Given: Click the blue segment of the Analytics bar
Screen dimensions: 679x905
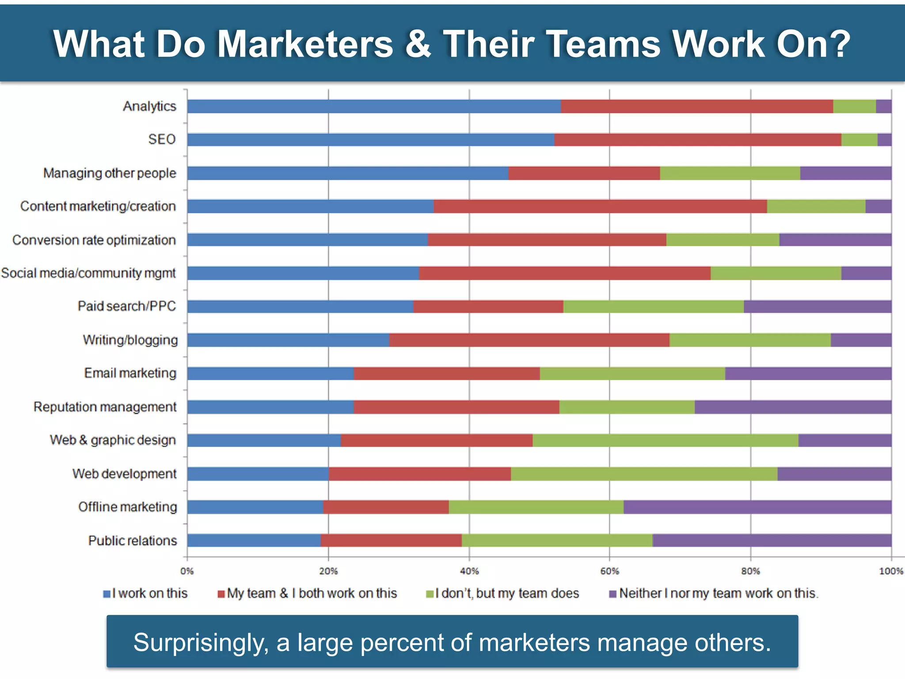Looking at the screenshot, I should [x=374, y=107].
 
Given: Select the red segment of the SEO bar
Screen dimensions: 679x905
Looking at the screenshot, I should [x=697, y=140].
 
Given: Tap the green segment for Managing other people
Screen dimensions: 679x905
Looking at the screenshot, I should [x=730, y=173].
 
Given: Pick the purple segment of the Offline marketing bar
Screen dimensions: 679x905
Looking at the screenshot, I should [x=757, y=507].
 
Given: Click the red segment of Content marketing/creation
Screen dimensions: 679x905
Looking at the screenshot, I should [x=600, y=206].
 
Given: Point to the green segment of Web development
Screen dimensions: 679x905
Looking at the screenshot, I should [x=644, y=474].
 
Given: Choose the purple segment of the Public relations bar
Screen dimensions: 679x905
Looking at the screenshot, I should [x=772, y=541].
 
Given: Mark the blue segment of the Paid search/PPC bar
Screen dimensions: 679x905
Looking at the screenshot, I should [x=300, y=306].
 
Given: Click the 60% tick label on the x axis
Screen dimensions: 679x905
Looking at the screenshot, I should [x=609, y=571].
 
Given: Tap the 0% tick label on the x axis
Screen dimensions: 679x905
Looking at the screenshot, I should [x=187, y=571].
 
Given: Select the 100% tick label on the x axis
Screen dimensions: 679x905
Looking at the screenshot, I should [x=890, y=571].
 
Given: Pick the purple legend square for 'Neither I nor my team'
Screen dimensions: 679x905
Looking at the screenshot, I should [x=612, y=594].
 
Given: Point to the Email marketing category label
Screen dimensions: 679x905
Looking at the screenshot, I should [x=130, y=373].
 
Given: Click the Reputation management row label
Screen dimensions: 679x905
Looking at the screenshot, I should [x=105, y=407].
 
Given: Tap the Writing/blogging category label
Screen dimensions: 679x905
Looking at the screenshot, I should [x=130, y=340].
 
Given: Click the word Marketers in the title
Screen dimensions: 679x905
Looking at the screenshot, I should [x=305, y=44].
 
